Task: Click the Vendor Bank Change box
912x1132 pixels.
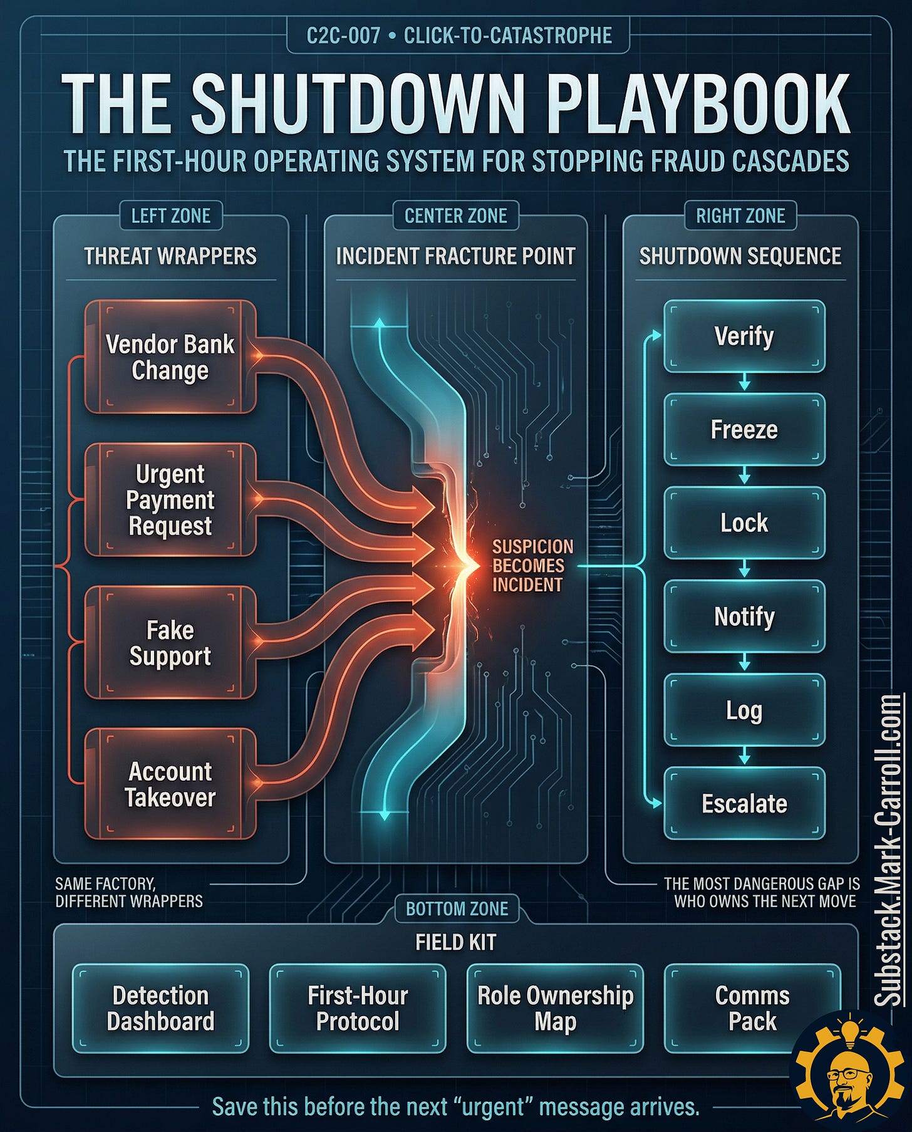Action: click(170, 357)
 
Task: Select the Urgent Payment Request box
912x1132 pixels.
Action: click(170, 500)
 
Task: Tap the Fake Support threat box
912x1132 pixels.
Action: click(170, 643)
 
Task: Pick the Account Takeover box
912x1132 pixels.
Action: click(170, 784)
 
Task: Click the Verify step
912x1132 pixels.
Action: click(744, 336)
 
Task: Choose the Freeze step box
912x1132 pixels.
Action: click(744, 430)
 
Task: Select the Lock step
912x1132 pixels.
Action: click(744, 523)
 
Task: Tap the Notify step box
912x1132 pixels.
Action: click(744, 616)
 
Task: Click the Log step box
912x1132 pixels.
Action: click(744, 710)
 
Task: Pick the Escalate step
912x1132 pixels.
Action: click(744, 803)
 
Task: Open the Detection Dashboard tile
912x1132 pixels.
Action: click(160, 1008)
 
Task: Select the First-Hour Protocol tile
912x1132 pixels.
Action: click(358, 1008)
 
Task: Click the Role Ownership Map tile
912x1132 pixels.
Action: click(555, 1008)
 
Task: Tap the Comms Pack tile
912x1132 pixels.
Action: click(752, 1008)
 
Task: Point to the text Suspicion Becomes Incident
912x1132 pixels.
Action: click(532, 566)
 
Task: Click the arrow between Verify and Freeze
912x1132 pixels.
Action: click(744, 382)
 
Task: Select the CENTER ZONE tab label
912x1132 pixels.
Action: click(455, 216)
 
